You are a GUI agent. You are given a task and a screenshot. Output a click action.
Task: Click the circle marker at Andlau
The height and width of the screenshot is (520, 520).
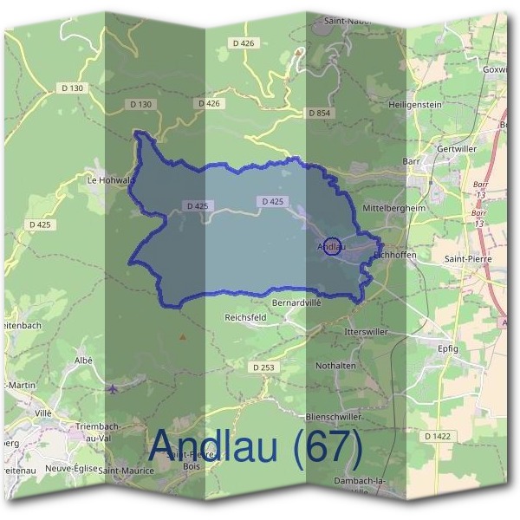331,246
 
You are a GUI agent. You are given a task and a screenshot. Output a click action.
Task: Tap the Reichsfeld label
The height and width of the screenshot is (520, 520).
245,317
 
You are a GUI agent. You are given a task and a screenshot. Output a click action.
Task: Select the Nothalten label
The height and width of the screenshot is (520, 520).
335,366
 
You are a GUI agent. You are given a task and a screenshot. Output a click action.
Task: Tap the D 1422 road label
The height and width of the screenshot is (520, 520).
439,435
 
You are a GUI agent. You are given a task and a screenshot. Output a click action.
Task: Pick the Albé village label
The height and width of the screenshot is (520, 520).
83,360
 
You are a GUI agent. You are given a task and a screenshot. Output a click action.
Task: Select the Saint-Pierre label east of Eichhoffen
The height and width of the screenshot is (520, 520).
466,258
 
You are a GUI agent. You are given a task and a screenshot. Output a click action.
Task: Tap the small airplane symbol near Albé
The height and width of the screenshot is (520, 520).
114,387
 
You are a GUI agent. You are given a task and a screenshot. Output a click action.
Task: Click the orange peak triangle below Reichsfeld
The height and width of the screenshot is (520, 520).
182,335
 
